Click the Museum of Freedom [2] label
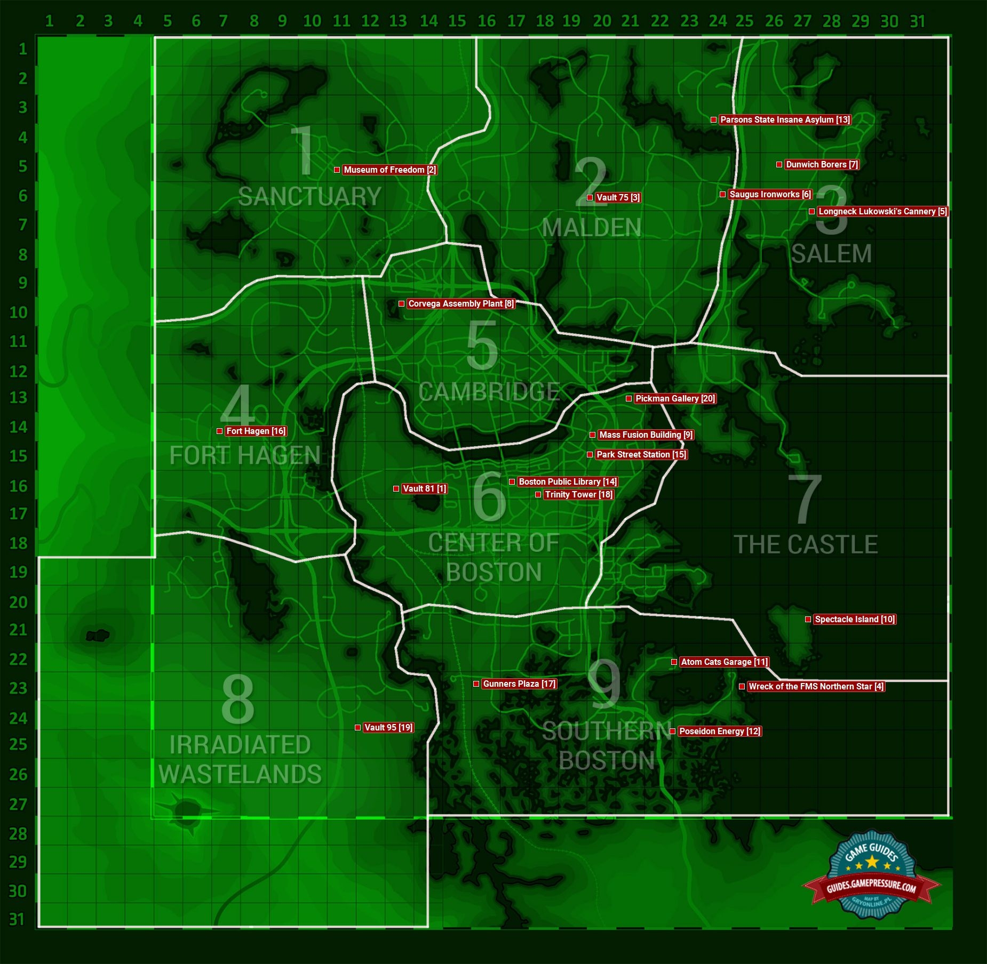pos(389,170)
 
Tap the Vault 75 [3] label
pos(618,198)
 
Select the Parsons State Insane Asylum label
pos(785,120)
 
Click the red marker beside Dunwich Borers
pos(779,165)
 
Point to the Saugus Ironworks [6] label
pos(770,195)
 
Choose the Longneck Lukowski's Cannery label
pos(882,212)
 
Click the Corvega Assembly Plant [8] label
pos(461,304)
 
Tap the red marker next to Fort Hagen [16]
pos(219,431)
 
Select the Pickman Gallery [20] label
pos(675,399)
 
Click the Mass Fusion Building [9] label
pos(646,435)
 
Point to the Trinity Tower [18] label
pos(578,495)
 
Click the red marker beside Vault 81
pos(396,489)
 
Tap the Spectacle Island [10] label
pos(855,620)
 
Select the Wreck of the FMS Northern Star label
pos(816,687)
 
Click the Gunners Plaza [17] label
pos(519,684)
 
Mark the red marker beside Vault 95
pos(357,728)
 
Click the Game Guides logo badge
pos(871,875)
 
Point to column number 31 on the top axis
pos(917,21)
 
